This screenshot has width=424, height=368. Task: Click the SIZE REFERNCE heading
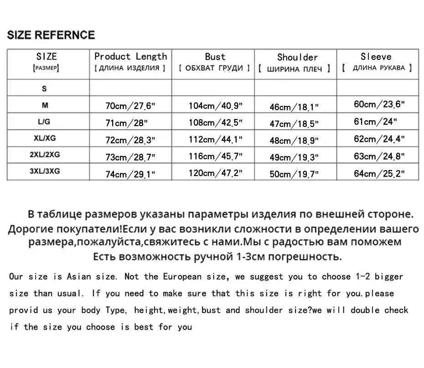tap(51, 35)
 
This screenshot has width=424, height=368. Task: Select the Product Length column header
tap(130, 57)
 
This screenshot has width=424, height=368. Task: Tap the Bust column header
tap(215, 57)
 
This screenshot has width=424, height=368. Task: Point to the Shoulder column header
tap(297, 57)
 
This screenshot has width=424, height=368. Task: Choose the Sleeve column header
tap(376, 57)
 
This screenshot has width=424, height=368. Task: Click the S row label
tap(45, 89)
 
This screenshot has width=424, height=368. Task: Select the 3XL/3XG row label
tap(45, 171)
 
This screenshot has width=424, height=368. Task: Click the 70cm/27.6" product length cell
tap(130, 106)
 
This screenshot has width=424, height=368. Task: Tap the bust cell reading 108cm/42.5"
tap(216, 123)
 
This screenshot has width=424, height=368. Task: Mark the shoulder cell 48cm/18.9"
tap(294, 141)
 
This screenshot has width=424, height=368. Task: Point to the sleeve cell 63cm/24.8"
tap(379, 156)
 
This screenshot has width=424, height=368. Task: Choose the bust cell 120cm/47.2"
tap(216, 173)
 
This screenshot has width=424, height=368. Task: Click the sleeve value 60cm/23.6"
tap(379, 104)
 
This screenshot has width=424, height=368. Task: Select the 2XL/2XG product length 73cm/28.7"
tap(130, 157)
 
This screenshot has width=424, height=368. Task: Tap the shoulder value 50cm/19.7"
tap(294, 174)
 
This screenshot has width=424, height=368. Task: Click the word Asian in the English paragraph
tap(79, 277)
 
